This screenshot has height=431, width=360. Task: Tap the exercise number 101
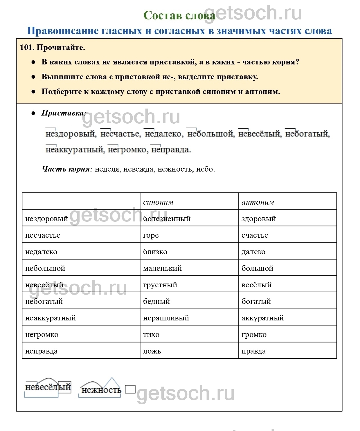(x=27, y=47)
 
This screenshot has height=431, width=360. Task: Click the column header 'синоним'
(x=158, y=202)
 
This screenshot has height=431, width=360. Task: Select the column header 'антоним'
(x=258, y=202)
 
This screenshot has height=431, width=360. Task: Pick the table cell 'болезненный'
(x=167, y=219)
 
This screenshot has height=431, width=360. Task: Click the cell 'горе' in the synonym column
(x=151, y=235)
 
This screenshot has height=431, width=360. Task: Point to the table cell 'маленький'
(x=163, y=268)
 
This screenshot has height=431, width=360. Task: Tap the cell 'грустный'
(x=160, y=285)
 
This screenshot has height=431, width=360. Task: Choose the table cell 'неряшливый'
(x=166, y=318)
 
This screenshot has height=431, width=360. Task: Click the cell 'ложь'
(x=152, y=351)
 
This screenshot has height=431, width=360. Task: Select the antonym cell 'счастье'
(x=255, y=235)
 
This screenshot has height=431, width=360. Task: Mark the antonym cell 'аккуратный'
(x=263, y=318)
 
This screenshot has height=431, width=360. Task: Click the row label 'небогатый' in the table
(x=44, y=301)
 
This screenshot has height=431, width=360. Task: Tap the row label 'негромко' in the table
(x=42, y=334)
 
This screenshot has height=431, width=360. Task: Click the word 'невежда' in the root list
(x=138, y=169)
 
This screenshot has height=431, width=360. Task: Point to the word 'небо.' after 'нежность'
(x=206, y=169)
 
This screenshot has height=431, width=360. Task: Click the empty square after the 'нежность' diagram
(x=130, y=389)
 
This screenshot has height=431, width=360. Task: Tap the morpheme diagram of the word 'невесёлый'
(x=48, y=387)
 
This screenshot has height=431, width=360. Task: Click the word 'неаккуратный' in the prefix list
(x=75, y=149)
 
